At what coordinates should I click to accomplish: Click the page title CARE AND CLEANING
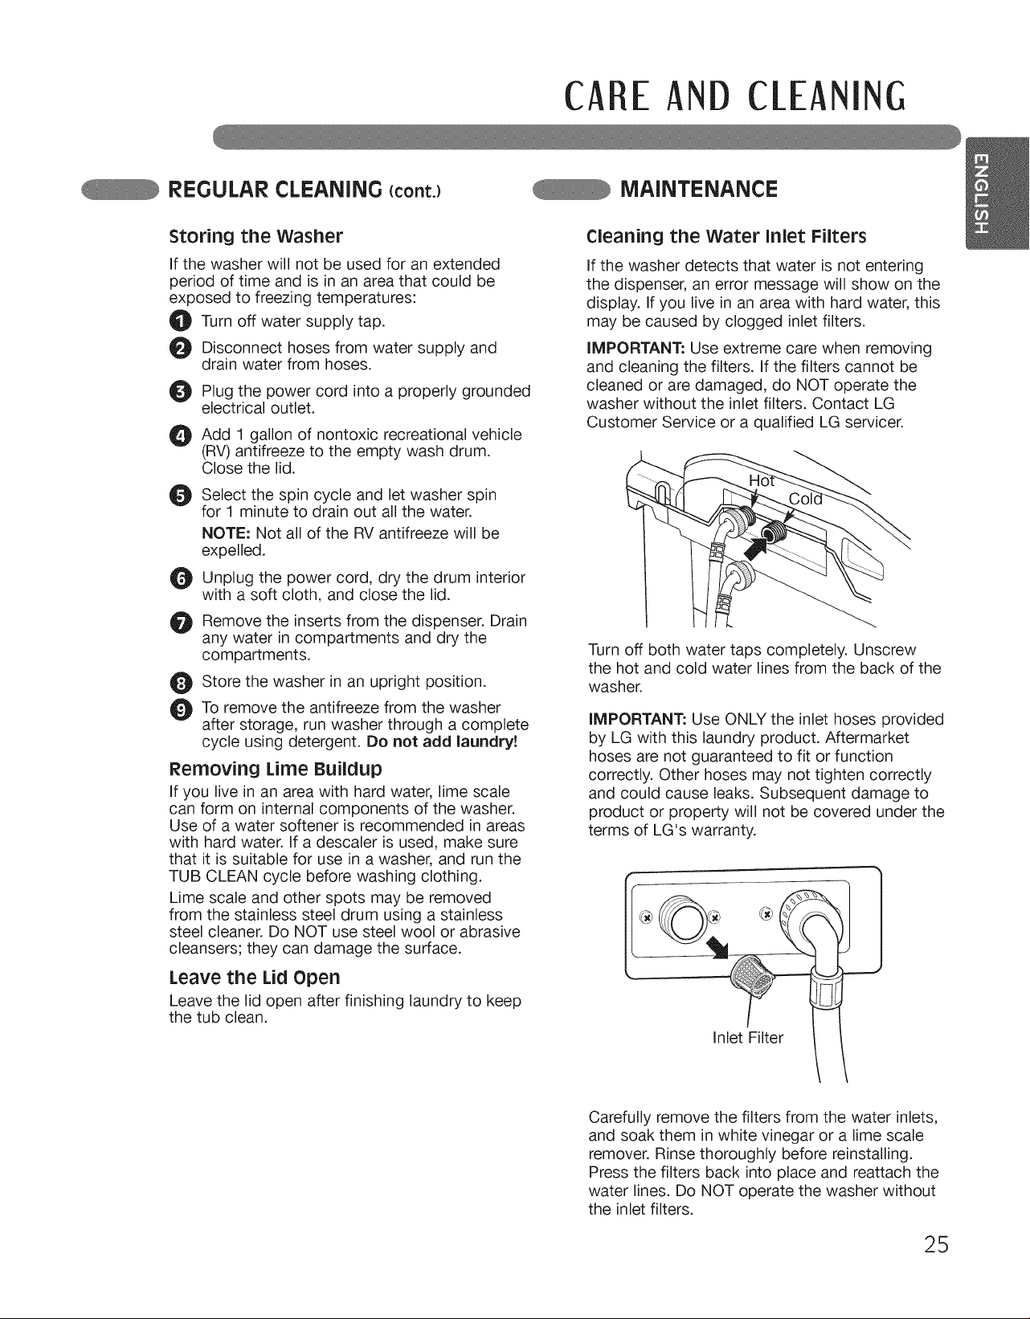[735, 96]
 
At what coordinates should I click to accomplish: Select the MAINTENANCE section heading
[699, 190]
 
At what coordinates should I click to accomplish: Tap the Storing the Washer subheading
[255, 235]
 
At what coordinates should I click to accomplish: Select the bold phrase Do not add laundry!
[443, 741]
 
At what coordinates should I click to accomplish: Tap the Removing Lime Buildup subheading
[276, 769]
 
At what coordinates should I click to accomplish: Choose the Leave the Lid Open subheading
[255, 978]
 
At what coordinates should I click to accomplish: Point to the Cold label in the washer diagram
[805, 499]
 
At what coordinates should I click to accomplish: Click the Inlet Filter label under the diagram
[748, 1037]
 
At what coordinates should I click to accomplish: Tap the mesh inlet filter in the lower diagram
[754, 976]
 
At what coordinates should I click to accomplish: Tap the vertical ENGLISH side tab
[997, 193]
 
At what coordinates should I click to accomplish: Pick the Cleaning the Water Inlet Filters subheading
[726, 235]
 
